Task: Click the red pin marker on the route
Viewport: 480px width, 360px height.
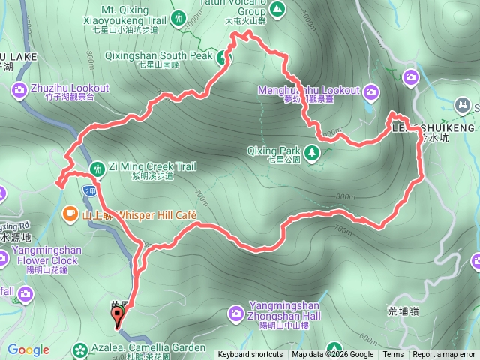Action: [x=118, y=316]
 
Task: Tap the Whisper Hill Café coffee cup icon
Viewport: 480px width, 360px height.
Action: [x=70, y=214]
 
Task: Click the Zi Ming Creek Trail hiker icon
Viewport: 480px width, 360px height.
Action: [x=97, y=167]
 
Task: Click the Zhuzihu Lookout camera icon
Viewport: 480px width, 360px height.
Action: [x=19, y=91]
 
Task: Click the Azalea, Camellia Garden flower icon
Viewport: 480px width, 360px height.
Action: [x=80, y=349]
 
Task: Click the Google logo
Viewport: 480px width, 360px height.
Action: [x=28, y=349]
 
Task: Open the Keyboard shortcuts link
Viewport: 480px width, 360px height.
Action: [x=250, y=355]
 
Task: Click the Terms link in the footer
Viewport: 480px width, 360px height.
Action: [x=393, y=355]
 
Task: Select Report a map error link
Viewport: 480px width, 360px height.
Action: [x=444, y=355]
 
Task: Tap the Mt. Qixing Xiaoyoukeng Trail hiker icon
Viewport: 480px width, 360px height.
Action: [x=178, y=17]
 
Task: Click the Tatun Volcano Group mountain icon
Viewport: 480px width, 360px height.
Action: [x=277, y=9]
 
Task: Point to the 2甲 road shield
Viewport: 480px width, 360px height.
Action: [x=89, y=191]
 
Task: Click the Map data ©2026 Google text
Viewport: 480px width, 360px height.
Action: [x=333, y=355]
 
